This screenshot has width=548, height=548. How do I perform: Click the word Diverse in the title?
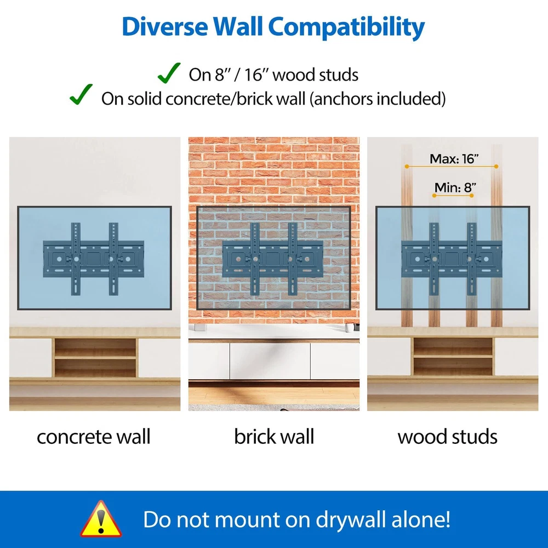point(165,26)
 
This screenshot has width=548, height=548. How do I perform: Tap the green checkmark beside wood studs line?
point(169,73)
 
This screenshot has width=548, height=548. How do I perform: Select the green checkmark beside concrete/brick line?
point(81,94)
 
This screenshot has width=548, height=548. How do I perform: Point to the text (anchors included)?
point(378,99)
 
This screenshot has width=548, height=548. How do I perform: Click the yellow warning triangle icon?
point(101,520)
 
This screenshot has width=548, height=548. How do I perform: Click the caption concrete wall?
point(94,437)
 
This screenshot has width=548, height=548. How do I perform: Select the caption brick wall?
point(274,437)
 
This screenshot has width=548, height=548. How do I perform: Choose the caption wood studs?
point(447,437)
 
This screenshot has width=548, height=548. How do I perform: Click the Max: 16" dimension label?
point(454,159)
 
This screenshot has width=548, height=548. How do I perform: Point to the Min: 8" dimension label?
point(455,187)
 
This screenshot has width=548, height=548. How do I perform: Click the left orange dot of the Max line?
point(407,167)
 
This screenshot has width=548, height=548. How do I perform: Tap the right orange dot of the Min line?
point(472,196)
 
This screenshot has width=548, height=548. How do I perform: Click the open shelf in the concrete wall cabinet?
point(95,357)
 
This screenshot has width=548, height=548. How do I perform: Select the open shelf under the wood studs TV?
point(453,357)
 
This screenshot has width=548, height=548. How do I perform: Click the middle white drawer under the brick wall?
point(270,361)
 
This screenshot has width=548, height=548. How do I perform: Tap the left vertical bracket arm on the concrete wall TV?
point(76,259)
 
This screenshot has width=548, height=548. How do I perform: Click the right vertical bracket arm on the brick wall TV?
point(293,259)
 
